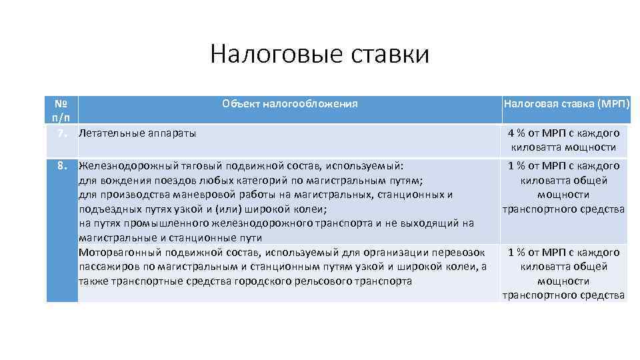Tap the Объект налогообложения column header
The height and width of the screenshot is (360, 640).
click(x=290, y=103)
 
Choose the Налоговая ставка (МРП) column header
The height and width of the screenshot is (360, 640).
click(x=563, y=103)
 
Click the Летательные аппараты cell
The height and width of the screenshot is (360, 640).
click(x=137, y=133)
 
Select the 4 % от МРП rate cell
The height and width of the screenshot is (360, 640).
click(x=564, y=140)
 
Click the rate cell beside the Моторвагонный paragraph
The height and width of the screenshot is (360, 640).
click(x=564, y=273)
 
